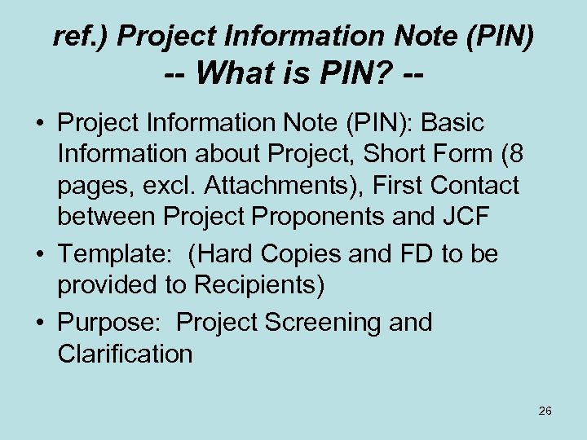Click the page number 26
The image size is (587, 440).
tap(545, 411)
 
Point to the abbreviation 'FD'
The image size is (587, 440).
tap(417, 254)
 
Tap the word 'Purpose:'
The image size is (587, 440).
tap(110, 323)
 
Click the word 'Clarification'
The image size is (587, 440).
tap(125, 354)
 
